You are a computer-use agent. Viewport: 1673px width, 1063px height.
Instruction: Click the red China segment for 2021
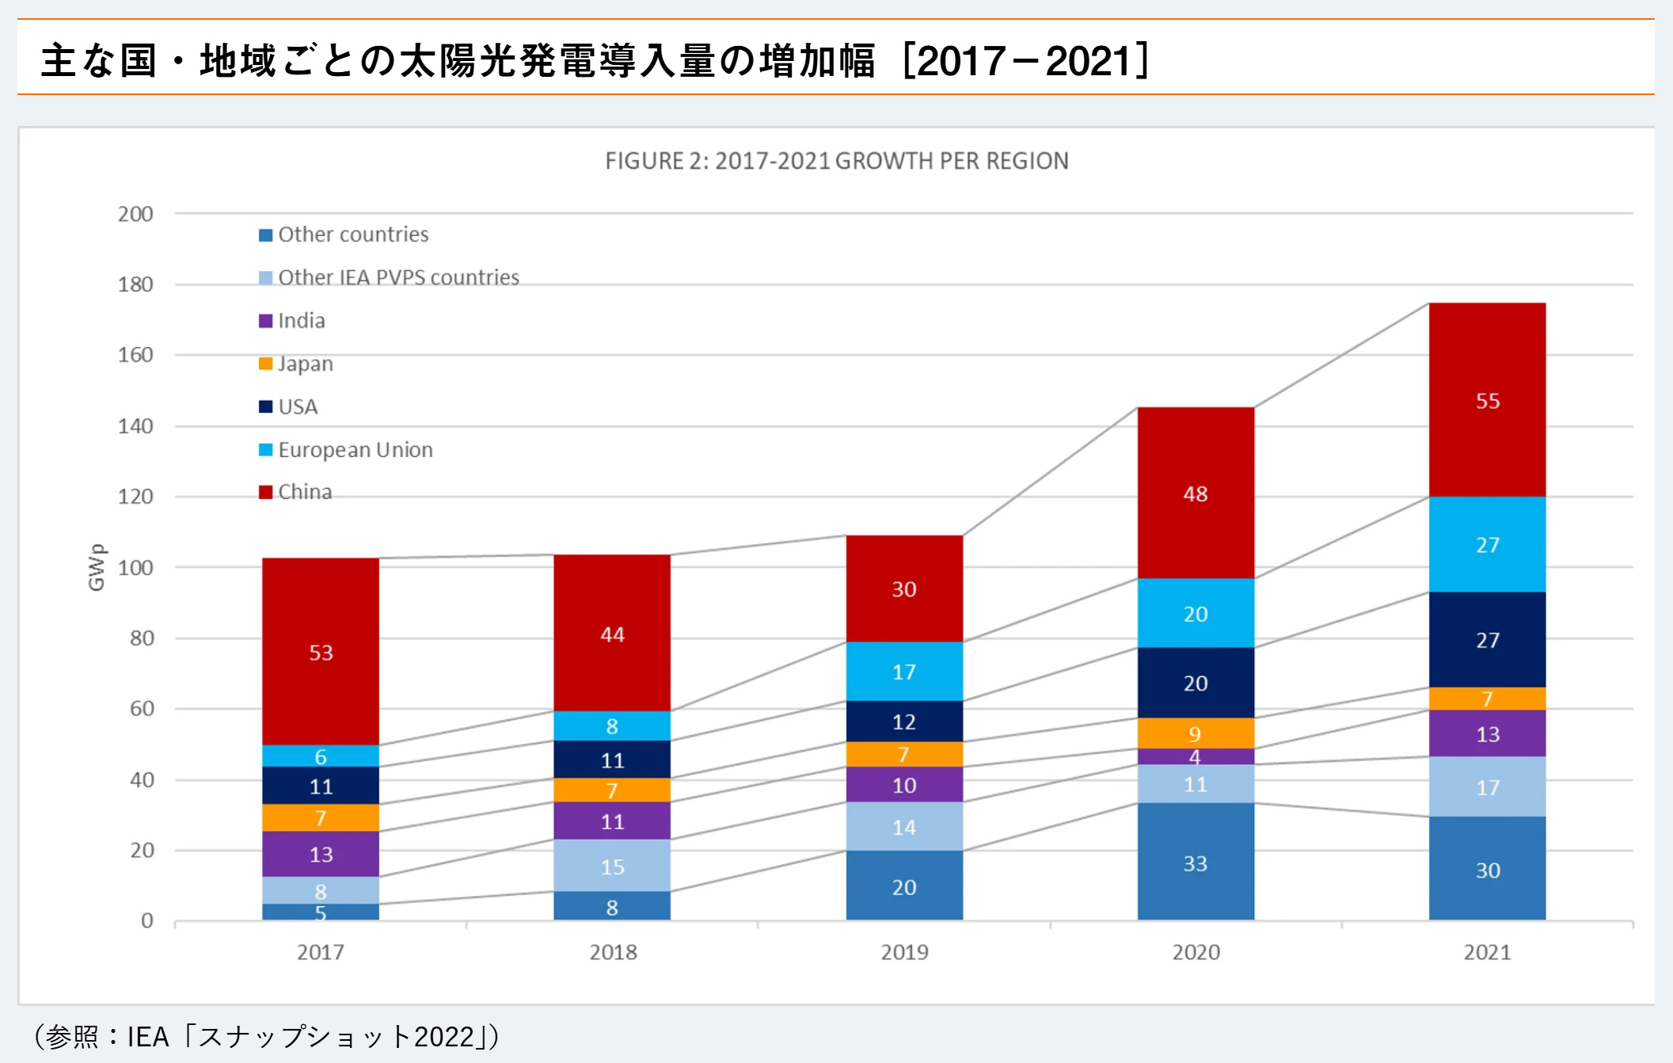click(1487, 400)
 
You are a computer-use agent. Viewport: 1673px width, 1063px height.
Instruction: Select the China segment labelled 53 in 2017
click(321, 651)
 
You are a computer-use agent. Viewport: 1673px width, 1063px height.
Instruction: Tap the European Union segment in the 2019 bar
click(904, 671)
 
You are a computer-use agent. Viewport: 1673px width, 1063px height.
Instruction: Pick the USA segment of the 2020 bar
click(1196, 683)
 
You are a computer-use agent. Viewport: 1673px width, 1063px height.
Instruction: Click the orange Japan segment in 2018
click(612, 790)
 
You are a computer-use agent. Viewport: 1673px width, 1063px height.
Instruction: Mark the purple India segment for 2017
click(321, 854)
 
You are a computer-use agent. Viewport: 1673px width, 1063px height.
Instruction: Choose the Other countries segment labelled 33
click(1196, 862)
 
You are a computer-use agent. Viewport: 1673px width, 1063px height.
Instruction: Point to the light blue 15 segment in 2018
click(612, 866)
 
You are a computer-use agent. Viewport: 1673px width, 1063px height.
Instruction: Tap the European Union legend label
click(355, 450)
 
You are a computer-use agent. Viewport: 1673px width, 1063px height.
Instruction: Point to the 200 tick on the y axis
click(135, 214)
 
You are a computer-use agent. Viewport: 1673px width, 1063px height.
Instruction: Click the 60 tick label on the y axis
click(142, 708)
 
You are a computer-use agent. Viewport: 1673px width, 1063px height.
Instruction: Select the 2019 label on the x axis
click(904, 952)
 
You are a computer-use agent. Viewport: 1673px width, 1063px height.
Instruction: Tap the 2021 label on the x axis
click(1487, 952)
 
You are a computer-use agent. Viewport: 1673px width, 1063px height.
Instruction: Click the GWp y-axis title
click(96, 567)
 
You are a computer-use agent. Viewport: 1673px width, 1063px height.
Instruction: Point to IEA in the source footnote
click(148, 1037)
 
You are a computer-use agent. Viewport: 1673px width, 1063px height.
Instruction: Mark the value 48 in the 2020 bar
click(1196, 493)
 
